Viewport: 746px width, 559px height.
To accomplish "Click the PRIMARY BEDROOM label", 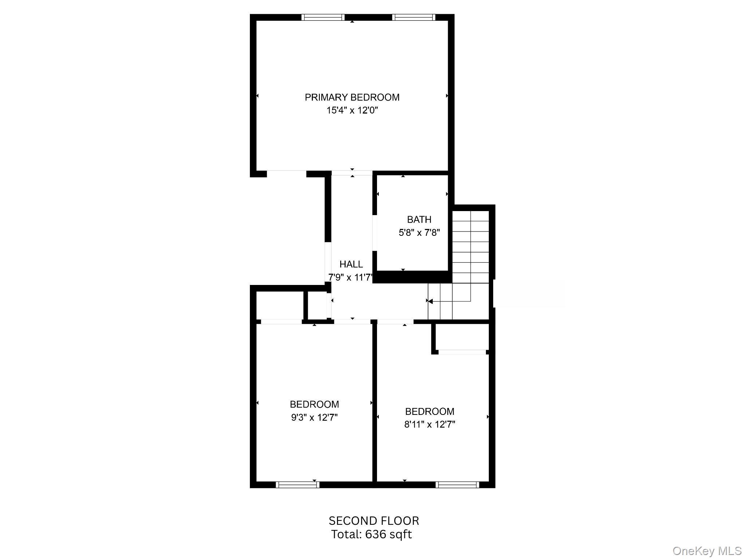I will tap(352, 97).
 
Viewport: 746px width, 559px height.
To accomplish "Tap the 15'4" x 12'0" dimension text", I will tap(352, 110).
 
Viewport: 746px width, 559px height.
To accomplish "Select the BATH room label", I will tap(419, 219).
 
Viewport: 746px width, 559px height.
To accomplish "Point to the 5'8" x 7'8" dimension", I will tap(419, 233).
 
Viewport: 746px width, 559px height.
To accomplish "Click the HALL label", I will tap(351, 264).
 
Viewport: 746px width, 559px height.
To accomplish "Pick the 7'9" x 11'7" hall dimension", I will tap(350, 278).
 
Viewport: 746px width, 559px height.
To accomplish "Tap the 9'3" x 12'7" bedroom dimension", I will tap(314, 417).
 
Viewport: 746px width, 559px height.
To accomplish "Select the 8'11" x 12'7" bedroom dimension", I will tap(429, 424).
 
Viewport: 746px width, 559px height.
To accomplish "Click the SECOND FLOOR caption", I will tap(374, 521).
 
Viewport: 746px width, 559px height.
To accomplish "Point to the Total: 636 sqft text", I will tap(371, 534).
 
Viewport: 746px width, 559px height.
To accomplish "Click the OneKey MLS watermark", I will tap(707, 551).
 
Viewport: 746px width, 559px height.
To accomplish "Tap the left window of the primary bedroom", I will tap(323, 17).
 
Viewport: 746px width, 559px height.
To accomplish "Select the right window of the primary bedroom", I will tap(413, 17).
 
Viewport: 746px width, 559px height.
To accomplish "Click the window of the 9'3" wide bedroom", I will tap(297, 484).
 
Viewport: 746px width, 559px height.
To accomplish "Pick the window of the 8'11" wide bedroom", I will tap(457, 484).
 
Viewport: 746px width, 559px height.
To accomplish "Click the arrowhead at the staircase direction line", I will tap(430, 301).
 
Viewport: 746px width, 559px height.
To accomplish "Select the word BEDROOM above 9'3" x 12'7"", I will tap(314, 404).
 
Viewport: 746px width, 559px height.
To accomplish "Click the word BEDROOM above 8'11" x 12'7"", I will tap(429, 411).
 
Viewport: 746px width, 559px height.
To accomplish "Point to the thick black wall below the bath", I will tap(412, 277).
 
